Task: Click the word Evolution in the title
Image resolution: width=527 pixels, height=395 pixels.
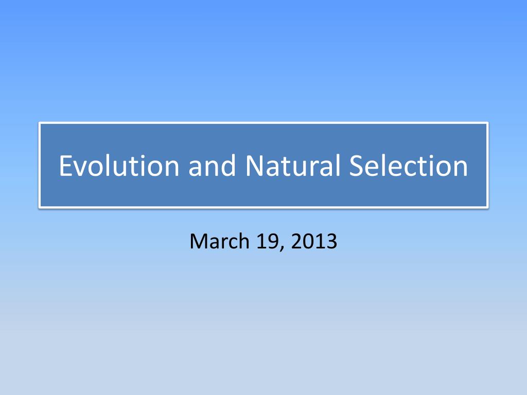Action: [119, 166]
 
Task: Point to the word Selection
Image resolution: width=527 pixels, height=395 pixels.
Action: [409, 166]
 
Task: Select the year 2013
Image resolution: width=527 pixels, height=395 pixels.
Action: [314, 240]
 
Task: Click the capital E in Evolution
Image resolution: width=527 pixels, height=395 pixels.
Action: [65, 166]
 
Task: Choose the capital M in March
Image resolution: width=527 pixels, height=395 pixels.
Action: [199, 240]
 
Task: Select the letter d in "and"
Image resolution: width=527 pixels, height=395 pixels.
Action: [227, 166]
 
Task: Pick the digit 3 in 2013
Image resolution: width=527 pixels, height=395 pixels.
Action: [331, 240]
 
